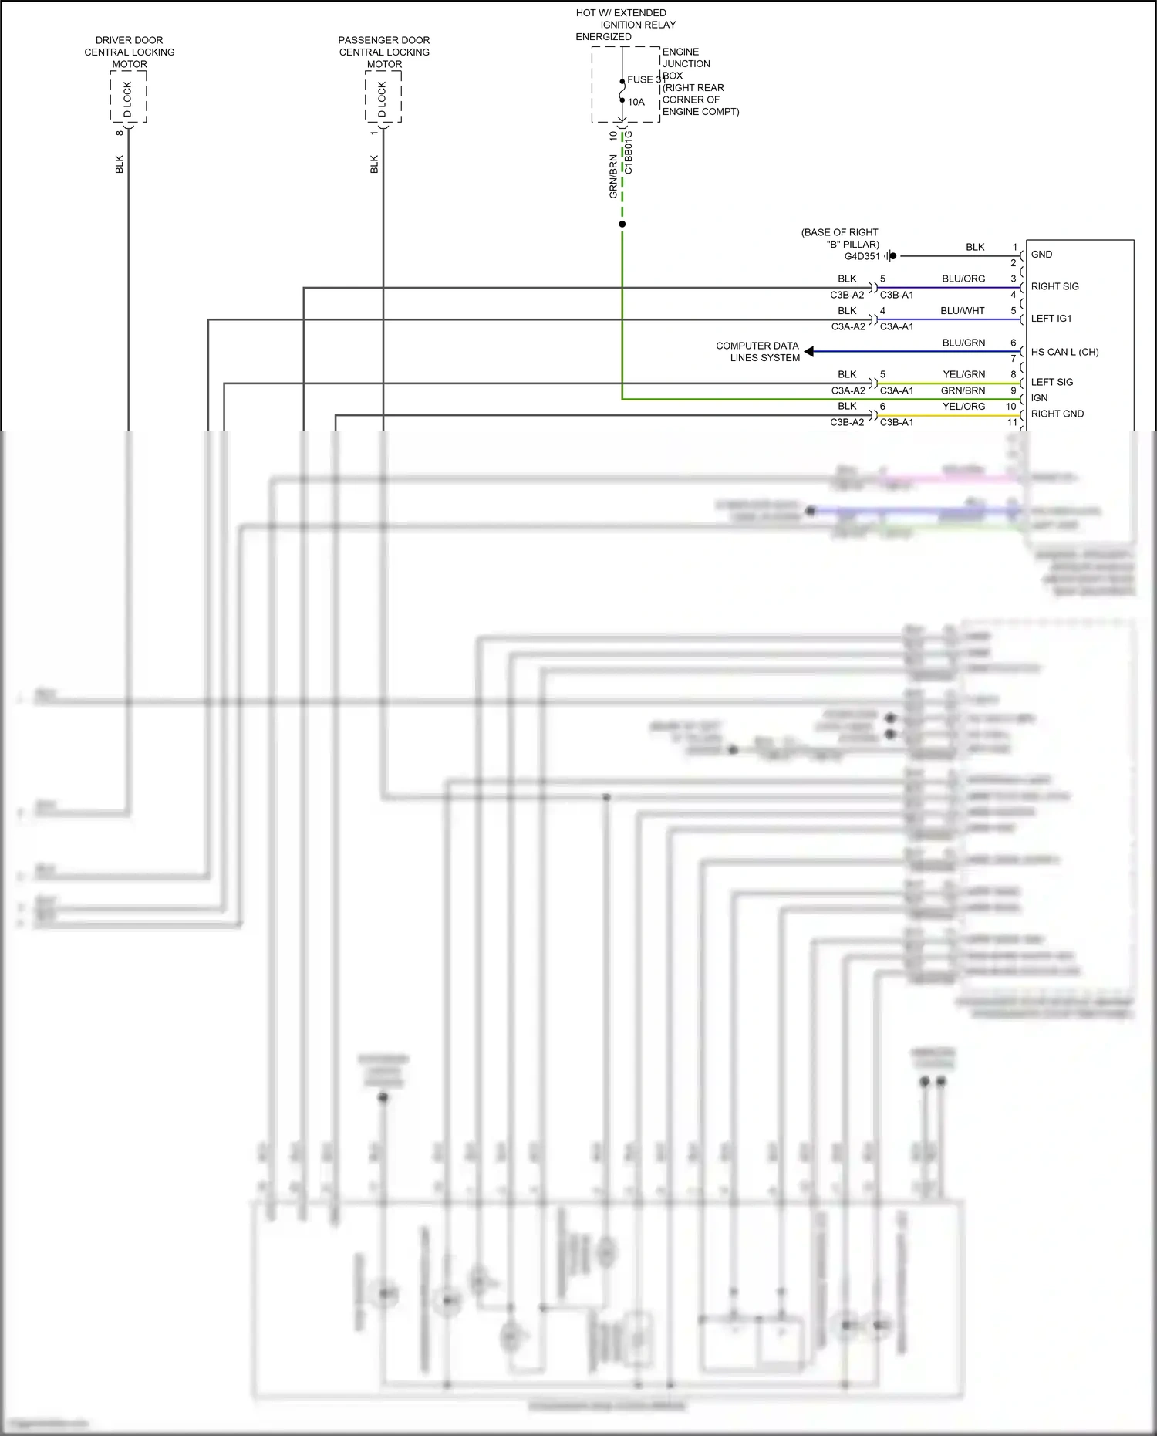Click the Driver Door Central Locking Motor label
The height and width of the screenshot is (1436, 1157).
pos(129,52)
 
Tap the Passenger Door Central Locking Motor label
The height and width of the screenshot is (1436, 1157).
pos(384,52)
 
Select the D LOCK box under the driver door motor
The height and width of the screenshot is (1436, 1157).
pos(128,97)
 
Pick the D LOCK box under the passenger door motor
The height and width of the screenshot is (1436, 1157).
pos(383,97)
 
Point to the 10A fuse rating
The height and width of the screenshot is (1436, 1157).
pos(636,102)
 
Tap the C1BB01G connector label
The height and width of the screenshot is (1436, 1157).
pos(629,152)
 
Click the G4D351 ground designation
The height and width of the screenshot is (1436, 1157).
pos(862,256)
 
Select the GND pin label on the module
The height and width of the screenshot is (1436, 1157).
pos(1041,255)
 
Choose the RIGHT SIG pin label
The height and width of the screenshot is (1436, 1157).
pos(1054,286)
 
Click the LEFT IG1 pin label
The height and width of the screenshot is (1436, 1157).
pos(1051,319)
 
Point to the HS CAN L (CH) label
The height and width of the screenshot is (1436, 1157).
pos(1064,352)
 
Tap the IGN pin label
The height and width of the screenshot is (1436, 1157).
pos(1039,398)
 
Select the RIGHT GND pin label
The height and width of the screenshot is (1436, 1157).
pos(1057,414)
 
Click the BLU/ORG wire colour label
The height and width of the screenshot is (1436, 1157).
pos(963,279)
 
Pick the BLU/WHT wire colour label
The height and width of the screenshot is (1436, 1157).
pos(962,311)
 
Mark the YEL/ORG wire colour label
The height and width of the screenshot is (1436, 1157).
pos(963,407)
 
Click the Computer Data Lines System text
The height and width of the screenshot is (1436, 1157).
pos(757,352)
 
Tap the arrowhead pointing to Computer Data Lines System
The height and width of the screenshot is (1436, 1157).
pos(808,352)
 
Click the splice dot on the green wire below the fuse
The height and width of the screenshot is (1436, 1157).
pos(622,225)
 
